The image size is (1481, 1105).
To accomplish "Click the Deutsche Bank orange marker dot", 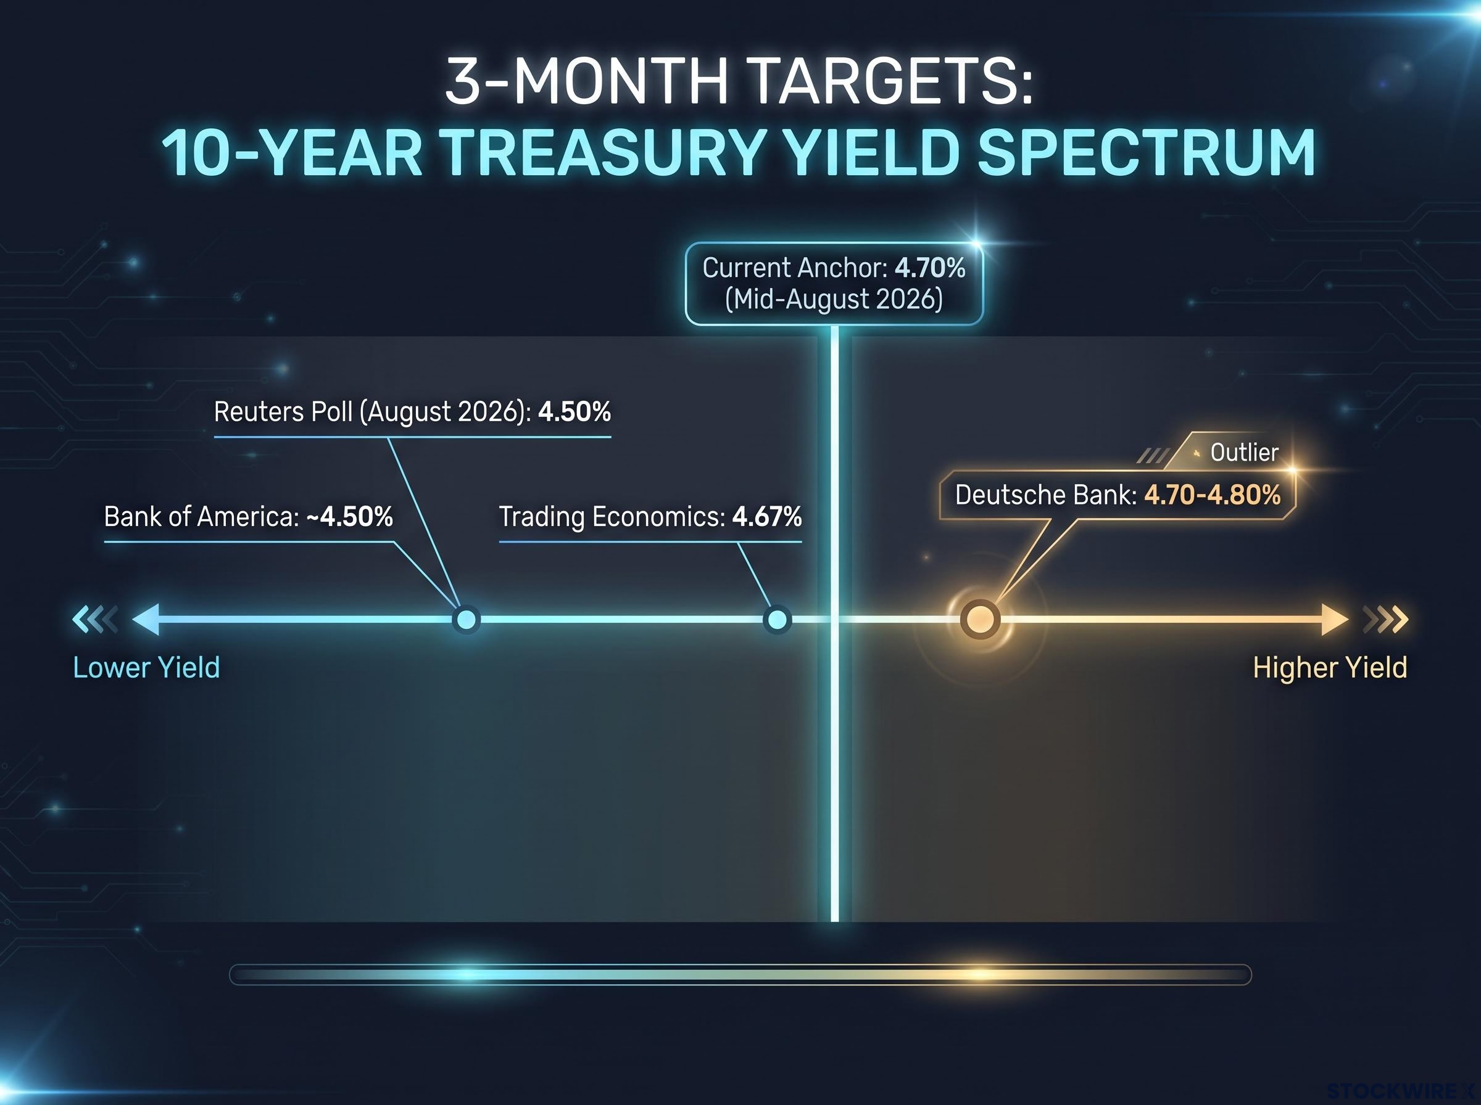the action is tap(980, 618).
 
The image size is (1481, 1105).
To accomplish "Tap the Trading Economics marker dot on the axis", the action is tap(777, 619).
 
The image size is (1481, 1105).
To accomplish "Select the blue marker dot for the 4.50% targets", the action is tap(466, 619).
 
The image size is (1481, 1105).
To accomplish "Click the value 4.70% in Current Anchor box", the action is tap(930, 268).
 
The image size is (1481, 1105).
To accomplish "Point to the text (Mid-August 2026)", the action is tap(834, 299).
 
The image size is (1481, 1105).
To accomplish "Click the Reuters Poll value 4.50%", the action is tap(575, 411).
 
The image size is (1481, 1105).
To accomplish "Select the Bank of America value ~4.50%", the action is tap(350, 516).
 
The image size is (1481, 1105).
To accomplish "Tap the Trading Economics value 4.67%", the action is tap(767, 516).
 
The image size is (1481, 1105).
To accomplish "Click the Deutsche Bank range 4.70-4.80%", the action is tap(1213, 495).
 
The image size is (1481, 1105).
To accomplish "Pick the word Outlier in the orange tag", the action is tap(1244, 453).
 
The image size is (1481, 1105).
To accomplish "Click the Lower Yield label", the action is tap(146, 668).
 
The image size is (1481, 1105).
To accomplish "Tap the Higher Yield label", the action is tap(1330, 668).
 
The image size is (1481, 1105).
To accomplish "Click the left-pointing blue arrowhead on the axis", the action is tap(146, 618).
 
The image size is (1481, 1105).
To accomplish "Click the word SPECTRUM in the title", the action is tap(1146, 152).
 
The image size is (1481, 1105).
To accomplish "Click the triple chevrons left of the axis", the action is tap(95, 618).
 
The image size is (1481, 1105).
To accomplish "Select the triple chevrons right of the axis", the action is tap(1386, 619).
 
